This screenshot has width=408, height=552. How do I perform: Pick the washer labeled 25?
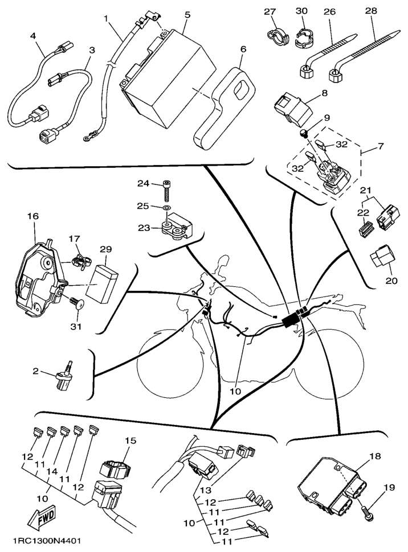point(165,209)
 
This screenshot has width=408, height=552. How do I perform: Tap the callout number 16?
point(32,216)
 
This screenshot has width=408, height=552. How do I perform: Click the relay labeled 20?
point(381,262)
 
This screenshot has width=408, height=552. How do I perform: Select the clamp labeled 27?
point(276,35)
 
